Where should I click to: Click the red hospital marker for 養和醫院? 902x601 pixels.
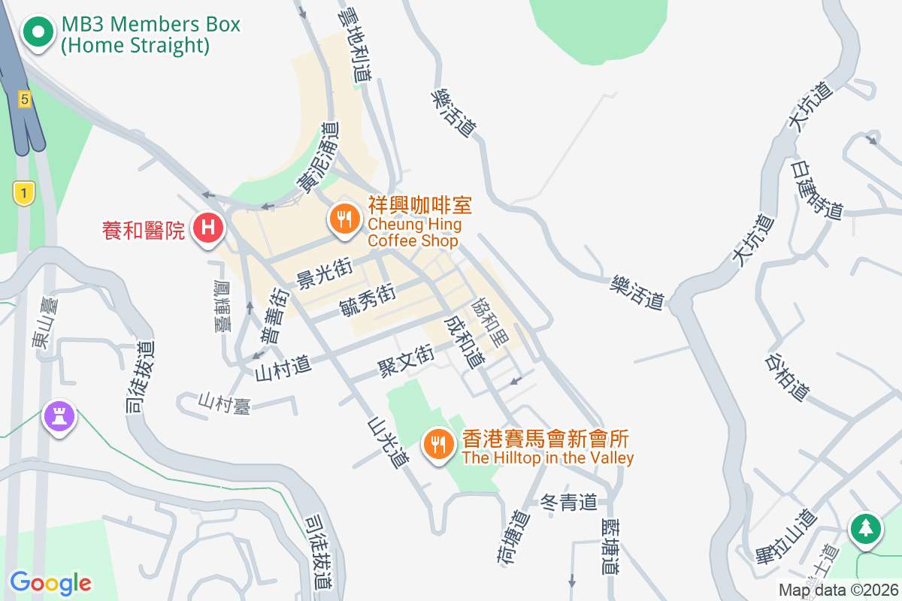tap(207, 226)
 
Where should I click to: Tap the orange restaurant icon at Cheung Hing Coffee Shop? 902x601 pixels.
tap(344, 219)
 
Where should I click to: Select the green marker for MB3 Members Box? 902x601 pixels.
tap(38, 32)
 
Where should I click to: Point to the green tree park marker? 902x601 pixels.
tap(866, 527)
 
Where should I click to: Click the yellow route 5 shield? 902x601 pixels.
tap(25, 98)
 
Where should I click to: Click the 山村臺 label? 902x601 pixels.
tap(223, 403)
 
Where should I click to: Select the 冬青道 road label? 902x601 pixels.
tap(569, 502)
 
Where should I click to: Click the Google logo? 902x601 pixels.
tap(50, 582)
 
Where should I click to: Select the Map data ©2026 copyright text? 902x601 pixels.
tap(837, 590)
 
